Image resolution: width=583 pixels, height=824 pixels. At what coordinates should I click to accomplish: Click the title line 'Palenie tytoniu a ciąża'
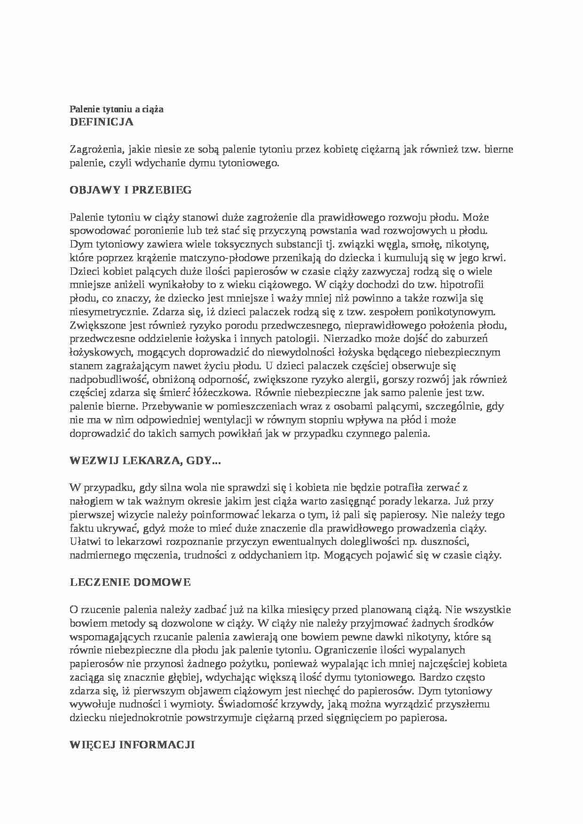117,109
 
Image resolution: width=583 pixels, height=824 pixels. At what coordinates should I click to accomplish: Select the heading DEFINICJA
102,122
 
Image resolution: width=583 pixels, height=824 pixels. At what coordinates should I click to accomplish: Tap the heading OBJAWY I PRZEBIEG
131,190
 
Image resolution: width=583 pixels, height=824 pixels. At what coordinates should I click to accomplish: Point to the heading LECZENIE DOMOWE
130,583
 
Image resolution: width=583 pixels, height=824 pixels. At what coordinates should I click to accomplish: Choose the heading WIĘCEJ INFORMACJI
132,745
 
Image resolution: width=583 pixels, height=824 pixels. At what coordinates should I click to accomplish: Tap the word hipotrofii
464,285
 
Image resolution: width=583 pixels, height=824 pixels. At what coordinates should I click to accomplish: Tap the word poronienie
159,231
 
